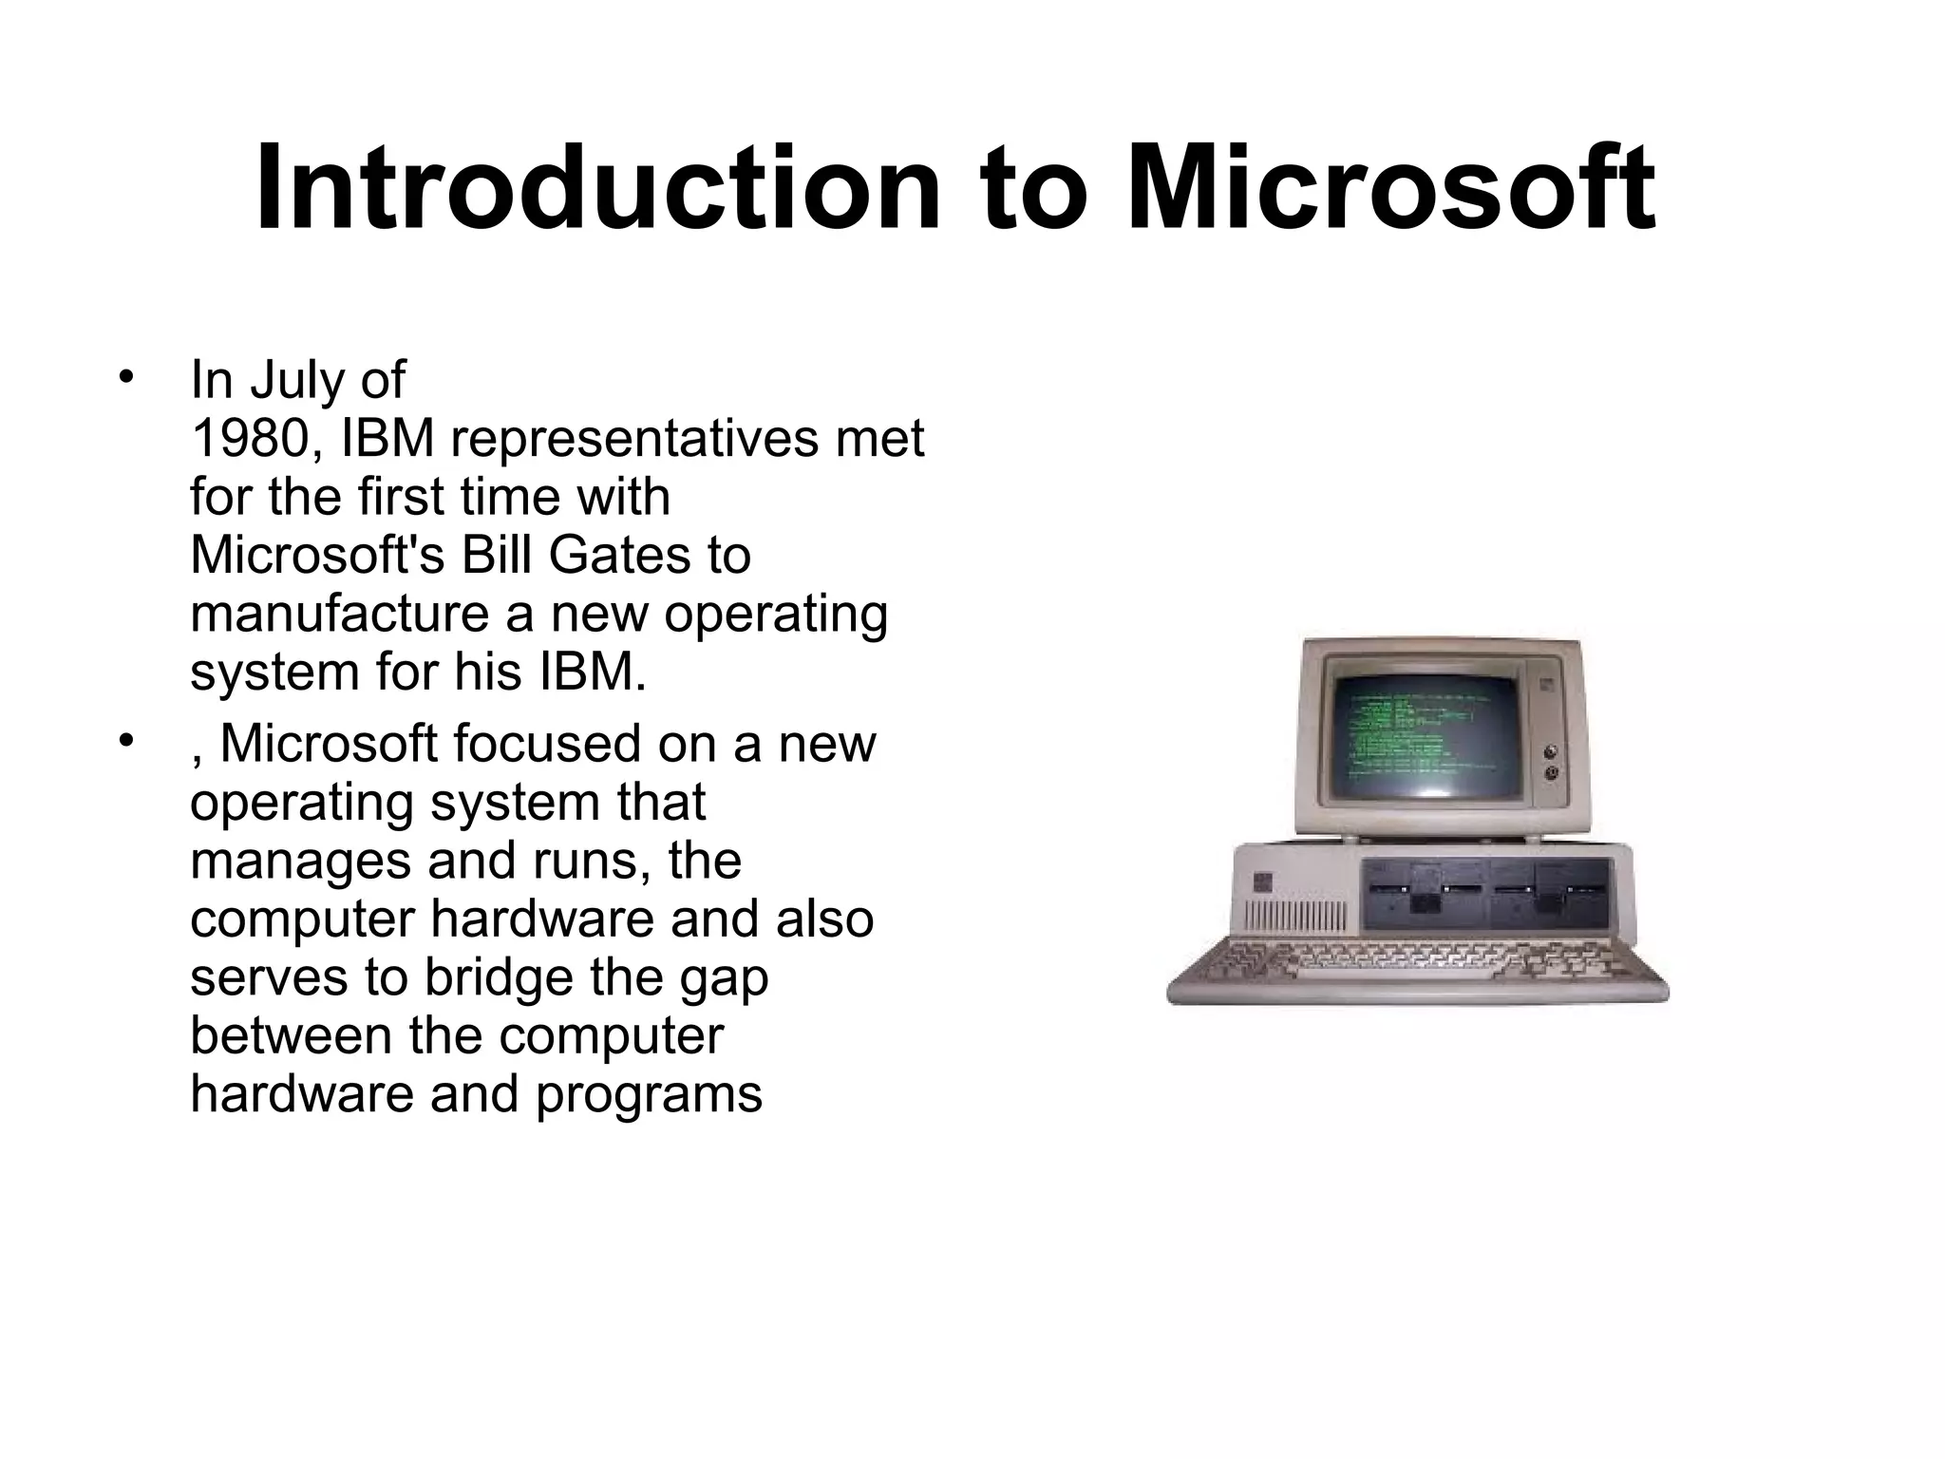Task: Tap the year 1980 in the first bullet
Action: coord(250,439)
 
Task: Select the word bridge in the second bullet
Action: coord(498,977)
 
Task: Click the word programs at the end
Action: coord(649,1094)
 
